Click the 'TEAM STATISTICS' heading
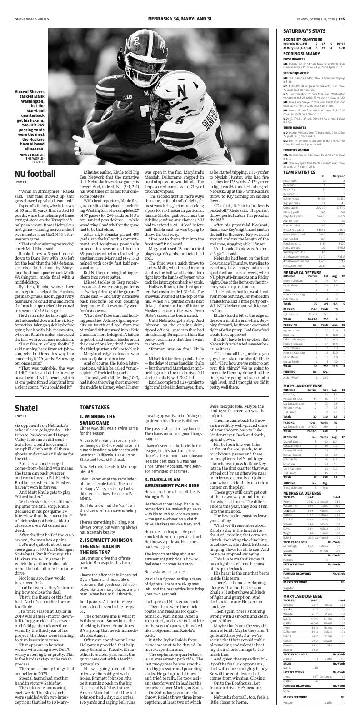click(299, 172)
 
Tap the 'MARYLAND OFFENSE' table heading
click(301, 385)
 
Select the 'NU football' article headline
click(35, 174)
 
